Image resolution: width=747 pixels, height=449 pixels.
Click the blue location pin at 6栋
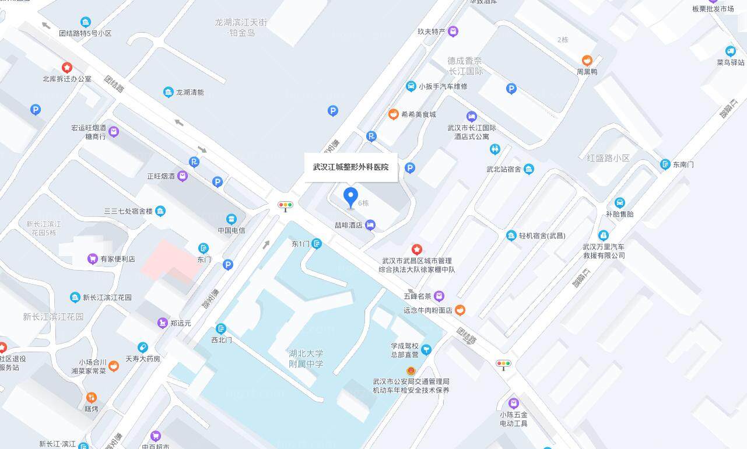pos(350,197)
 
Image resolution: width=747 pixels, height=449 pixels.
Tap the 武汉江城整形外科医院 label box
pos(350,167)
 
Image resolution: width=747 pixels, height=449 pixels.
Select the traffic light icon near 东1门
pos(285,205)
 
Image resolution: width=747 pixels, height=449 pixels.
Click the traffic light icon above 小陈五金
pos(503,364)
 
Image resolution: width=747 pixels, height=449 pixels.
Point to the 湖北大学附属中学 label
pos(306,359)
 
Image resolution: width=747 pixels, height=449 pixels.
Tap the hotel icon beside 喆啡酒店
pos(370,225)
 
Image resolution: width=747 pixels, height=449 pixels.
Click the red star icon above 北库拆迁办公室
pos(67,68)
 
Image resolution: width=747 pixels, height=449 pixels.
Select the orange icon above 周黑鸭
pos(587,61)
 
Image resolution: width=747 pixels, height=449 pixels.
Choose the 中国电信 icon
pos(232,219)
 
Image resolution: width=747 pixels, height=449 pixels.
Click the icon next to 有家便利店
pos(92,259)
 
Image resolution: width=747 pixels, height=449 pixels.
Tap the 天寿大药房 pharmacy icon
pos(143,348)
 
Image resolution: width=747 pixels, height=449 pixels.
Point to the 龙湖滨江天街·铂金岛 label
pos(241,27)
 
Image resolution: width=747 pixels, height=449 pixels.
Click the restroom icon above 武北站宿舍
pos(495,149)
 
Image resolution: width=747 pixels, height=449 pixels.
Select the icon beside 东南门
pos(665,164)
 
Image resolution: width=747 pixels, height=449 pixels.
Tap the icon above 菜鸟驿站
pos(730,51)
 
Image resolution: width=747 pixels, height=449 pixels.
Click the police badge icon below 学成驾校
pos(411,370)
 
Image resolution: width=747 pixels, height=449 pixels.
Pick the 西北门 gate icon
pos(221,329)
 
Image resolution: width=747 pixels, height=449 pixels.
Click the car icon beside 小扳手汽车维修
pos(411,86)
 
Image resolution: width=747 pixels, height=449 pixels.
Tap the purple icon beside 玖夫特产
pos(453,31)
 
